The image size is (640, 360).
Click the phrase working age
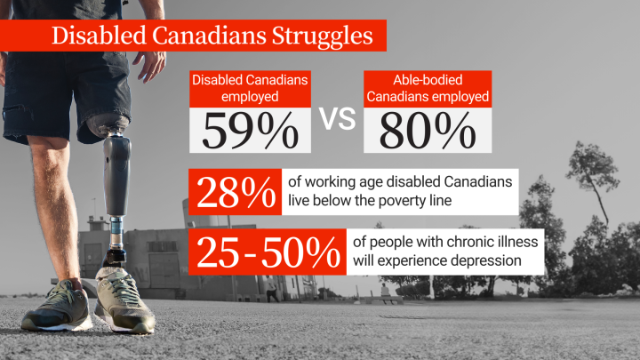click(343, 181)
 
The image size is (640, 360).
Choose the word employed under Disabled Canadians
click(251, 97)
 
